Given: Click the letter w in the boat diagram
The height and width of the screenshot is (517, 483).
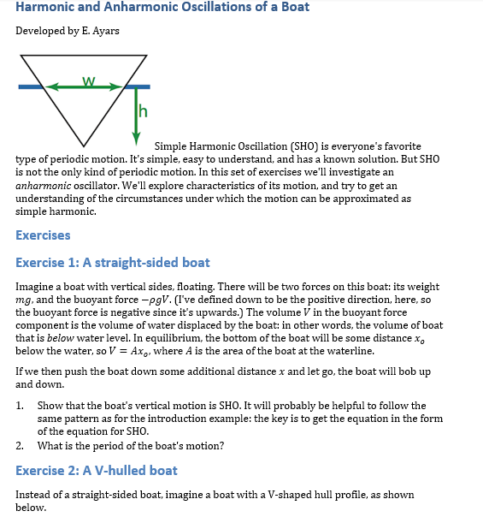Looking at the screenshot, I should pyautogui.click(x=88, y=80).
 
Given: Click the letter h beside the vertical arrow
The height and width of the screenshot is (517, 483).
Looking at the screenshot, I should pyautogui.click(x=143, y=111).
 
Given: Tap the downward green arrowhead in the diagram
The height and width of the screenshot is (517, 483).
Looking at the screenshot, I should pyautogui.click(x=135, y=135).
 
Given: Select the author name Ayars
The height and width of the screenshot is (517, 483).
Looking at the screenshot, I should pyautogui.click(x=103, y=32).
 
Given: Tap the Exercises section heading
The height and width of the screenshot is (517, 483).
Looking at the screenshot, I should pyautogui.click(x=43, y=235).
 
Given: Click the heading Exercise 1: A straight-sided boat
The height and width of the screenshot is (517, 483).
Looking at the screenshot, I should pyautogui.click(x=112, y=263).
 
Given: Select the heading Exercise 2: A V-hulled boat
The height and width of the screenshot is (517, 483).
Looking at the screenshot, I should pyautogui.click(x=97, y=470).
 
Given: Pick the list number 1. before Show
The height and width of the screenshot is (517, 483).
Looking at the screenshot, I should pyautogui.click(x=21, y=406).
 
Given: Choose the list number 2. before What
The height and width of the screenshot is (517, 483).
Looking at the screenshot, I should pyautogui.click(x=21, y=445).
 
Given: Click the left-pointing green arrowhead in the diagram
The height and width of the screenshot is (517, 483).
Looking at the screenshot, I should pyautogui.click(x=51, y=86).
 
